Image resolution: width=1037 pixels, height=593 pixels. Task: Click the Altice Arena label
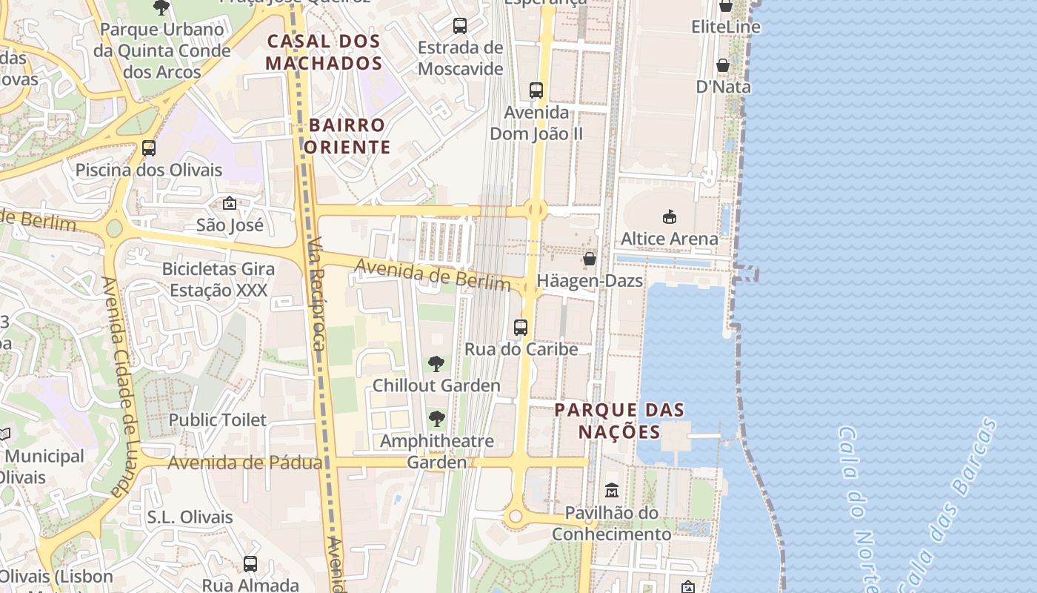click(669, 239)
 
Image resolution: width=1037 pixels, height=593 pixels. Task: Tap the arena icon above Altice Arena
click(670, 216)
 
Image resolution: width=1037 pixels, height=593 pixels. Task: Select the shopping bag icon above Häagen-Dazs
click(590, 259)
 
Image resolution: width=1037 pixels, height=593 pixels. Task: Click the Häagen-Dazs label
click(590, 282)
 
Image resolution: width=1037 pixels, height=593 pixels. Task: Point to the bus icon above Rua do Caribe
click(521, 327)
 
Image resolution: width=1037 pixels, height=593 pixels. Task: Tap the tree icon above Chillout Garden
click(436, 363)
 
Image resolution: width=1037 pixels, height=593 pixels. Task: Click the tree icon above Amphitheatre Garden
click(437, 419)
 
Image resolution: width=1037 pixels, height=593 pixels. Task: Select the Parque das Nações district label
click(619, 420)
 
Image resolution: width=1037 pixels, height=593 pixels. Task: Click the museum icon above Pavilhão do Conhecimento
click(612, 490)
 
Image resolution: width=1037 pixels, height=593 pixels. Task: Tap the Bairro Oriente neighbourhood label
click(347, 136)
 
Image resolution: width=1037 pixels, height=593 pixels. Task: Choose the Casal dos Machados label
click(324, 52)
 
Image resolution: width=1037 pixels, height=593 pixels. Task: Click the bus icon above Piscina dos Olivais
click(149, 148)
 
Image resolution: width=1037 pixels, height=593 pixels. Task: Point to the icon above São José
click(230, 202)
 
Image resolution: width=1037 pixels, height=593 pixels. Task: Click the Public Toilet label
click(217, 420)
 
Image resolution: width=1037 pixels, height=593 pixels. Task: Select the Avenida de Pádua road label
click(244, 463)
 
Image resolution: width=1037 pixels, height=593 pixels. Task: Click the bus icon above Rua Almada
click(250, 563)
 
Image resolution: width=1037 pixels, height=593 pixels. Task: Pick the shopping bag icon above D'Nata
click(723, 65)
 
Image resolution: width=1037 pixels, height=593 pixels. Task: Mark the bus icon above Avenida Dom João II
click(536, 90)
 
